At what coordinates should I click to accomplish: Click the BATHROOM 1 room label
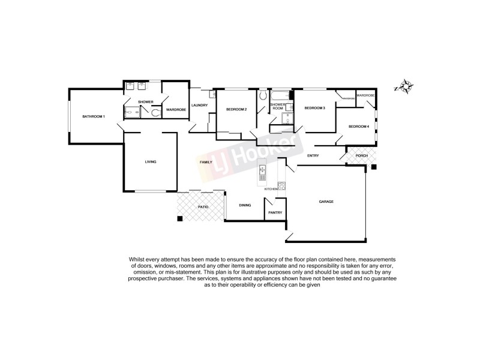(94, 116)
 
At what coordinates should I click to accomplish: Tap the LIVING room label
(150, 162)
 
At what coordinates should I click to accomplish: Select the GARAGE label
(326, 201)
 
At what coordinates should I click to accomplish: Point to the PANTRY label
(275, 212)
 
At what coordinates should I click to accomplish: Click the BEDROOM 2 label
(236, 109)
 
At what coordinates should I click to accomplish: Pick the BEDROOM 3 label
(314, 108)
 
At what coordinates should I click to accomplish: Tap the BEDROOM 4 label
(359, 126)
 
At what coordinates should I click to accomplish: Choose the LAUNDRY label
(199, 106)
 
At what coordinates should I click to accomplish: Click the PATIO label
(203, 207)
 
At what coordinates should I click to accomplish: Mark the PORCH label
(362, 156)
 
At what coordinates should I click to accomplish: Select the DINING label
(245, 205)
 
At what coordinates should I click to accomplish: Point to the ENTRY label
(313, 156)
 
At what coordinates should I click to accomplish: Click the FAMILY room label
(206, 162)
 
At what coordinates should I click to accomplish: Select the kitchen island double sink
(262, 175)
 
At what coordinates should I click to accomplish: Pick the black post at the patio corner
(179, 218)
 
